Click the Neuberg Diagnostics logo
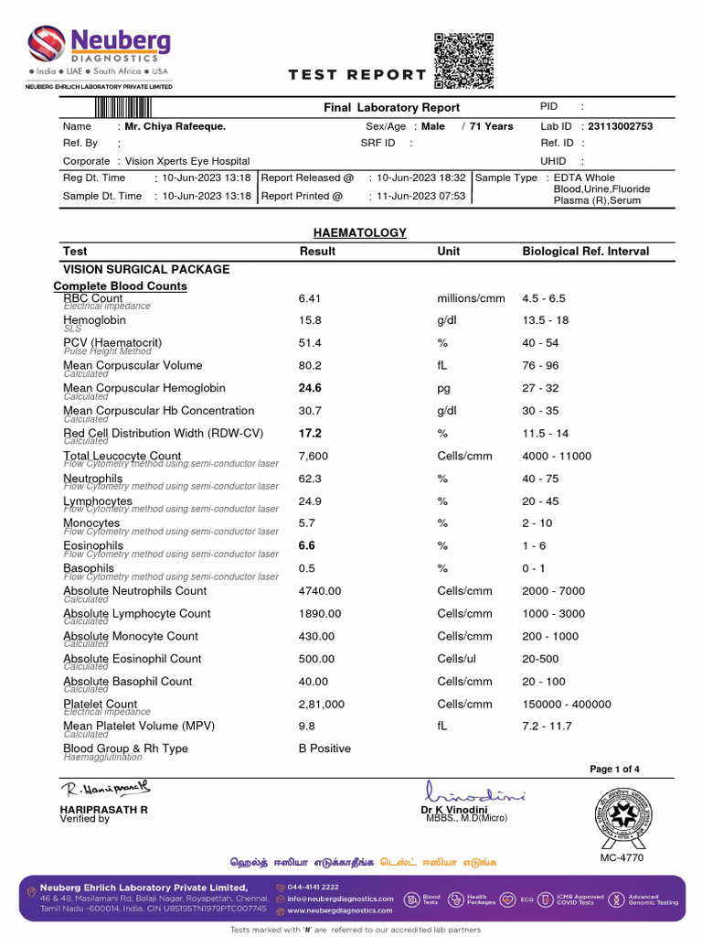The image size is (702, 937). coord(99,51)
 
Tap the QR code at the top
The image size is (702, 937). coord(463,60)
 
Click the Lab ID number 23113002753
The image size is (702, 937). coord(620,126)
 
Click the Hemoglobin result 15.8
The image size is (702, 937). coord(310,321)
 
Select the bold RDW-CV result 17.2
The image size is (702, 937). coord(310,434)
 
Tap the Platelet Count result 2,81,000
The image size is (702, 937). coord(322,705)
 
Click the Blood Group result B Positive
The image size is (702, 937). coord(324,749)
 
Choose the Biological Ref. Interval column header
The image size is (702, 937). coord(585,251)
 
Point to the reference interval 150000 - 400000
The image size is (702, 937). coord(567,705)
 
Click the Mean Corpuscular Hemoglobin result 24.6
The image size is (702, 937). coord(310,389)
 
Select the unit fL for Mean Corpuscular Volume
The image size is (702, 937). coord(443,366)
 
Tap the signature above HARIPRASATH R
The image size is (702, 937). coord(106,789)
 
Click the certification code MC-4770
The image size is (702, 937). coord(622,858)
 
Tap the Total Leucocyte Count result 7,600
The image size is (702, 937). coord(314,456)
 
